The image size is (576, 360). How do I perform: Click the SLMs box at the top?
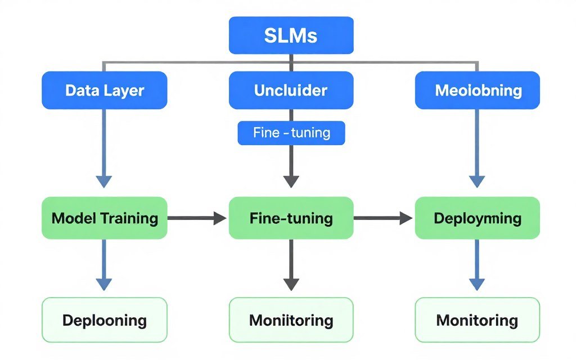pyautogui.click(x=291, y=35)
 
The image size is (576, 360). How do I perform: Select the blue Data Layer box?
pyautogui.click(x=105, y=90)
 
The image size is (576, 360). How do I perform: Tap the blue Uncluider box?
pyautogui.click(x=291, y=90)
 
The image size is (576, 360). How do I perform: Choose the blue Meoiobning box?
pyautogui.click(x=477, y=90)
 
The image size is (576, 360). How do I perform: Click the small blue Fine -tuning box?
pyautogui.click(x=291, y=133)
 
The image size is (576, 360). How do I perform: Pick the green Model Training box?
pyautogui.click(x=105, y=218)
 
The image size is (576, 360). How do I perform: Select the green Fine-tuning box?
pyautogui.click(x=291, y=218)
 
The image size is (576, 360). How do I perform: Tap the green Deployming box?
pyautogui.click(x=477, y=218)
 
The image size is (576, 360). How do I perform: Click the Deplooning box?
pyautogui.click(x=105, y=320)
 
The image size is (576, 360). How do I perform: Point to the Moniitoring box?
pyautogui.click(x=291, y=320)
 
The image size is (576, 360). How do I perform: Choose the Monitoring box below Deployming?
pyautogui.click(x=477, y=320)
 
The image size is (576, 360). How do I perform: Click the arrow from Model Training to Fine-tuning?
pyautogui.click(x=197, y=218)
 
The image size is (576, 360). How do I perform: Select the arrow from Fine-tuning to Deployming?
pyautogui.click(x=383, y=218)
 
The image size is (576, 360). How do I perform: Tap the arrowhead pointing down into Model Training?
pyautogui.click(x=104, y=181)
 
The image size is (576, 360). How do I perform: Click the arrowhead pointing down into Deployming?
pyautogui.click(x=477, y=181)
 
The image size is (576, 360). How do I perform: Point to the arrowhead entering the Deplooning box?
pyautogui.click(x=104, y=283)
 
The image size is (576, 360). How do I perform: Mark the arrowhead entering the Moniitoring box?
pyautogui.click(x=291, y=283)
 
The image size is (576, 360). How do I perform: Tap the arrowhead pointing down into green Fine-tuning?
pyautogui.click(x=291, y=181)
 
